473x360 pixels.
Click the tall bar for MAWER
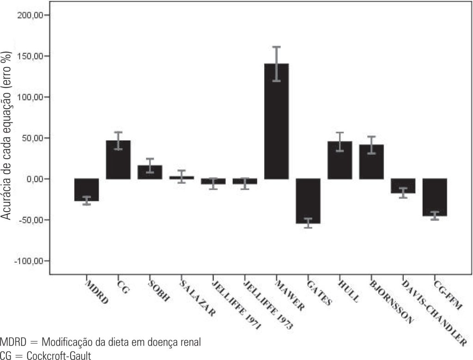[x=276, y=121]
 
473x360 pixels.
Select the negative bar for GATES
[x=308, y=201]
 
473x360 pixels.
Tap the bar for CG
[x=118, y=159]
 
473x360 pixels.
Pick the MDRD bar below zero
[x=86, y=189]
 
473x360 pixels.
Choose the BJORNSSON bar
[x=371, y=162]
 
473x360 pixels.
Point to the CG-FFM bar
[x=435, y=197]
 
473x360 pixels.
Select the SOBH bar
[x=150, y=172]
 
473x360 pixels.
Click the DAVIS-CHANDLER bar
[x=403, y=186]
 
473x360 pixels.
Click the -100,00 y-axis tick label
[x=30, y=261]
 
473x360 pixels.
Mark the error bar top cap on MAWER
[x=276, y=47]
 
